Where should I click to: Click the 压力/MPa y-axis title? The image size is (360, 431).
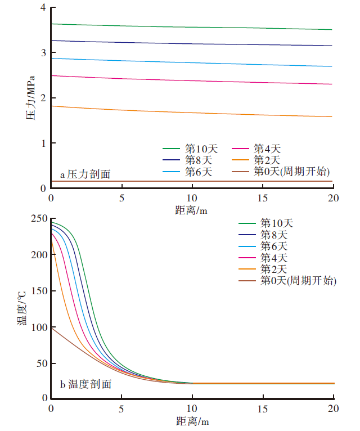click(x=30, y=99)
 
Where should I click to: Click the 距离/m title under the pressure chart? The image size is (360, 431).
click(x=191, y=210)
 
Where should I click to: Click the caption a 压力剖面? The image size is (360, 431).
click(x=85, y=174)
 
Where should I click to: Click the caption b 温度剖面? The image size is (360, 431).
click(x=85, y=385)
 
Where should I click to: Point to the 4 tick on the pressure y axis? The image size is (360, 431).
click(x=43, y=8)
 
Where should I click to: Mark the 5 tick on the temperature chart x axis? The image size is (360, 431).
click(x=121, y=407)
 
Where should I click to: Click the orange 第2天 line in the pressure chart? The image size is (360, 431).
click(x=191, y=113)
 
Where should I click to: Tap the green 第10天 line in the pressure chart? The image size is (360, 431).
click(x=191, y=27)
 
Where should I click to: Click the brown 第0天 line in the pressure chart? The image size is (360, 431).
click(x=191, y=181)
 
